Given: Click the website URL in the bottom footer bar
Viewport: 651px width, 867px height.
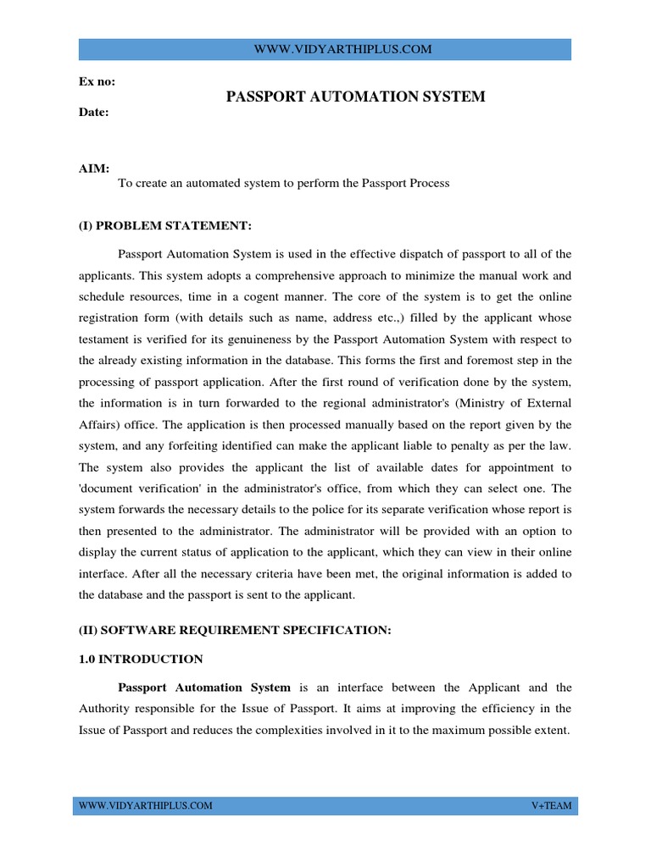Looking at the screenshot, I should [x=145, y=805].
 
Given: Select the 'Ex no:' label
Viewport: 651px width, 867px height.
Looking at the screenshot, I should [x=97, y=82].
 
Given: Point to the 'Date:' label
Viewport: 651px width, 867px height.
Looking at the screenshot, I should [x=93, y=112].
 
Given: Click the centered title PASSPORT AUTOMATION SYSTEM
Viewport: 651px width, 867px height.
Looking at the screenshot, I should [x=355, y=97].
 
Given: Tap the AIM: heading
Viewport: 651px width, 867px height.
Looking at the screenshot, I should [x=93, y=168].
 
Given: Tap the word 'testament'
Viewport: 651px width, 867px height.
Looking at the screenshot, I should [x=106, y=340].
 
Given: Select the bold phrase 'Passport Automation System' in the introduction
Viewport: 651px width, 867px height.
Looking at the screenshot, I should [x=204, y=688].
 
